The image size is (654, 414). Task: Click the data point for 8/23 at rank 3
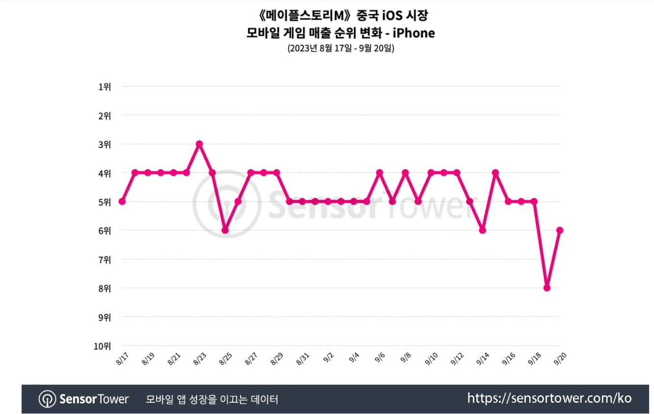(x=199, y=144)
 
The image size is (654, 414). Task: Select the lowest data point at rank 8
(x=546, y=288)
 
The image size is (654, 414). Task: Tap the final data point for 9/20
(x=559, y=230)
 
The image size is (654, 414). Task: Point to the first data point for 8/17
(x=122, y=202)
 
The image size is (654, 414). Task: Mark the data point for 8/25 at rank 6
(x=225, y=230)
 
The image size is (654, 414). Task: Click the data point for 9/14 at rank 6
(x=482, y=230)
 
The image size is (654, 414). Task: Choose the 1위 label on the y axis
(x=105, y=87)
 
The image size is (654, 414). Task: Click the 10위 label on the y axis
(x=102, y=346)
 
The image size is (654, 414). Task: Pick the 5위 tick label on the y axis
(x=105, y=202)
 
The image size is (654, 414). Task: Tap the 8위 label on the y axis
(x=105, y=288)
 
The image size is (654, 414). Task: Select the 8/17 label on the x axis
(x=121, y=359)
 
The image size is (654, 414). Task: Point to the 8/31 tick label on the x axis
(x=302, y=359)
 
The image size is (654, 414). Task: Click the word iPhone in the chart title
(x=415, y=33)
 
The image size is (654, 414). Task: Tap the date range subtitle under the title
(x=341, y=49)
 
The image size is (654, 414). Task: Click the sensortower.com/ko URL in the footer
(x=549, y=398)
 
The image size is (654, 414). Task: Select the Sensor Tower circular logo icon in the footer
(x=47, y=399)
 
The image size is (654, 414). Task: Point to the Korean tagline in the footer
(x=212, y=399)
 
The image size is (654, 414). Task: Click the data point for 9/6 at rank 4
(x=380, y=173)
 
